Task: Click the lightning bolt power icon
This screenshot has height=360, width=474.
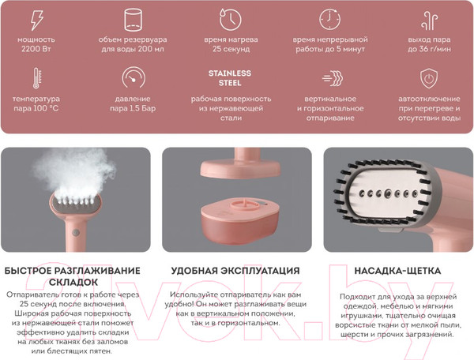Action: (37, 20)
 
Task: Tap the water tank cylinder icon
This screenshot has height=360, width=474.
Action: (133, 20)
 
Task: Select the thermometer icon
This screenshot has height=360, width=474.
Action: (36, 78)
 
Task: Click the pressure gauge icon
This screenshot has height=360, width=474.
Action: (134, 77)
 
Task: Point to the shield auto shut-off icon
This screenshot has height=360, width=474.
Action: (429, 78)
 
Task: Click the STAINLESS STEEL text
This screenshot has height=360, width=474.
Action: (230, 78)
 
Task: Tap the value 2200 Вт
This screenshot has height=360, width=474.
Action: (36, 49)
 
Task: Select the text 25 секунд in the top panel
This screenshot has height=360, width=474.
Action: (231, 49)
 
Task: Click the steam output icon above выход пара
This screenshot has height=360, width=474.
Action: (430, 21)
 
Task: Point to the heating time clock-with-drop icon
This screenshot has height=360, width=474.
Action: (231, 19)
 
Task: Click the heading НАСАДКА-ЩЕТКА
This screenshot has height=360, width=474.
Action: (397, 271)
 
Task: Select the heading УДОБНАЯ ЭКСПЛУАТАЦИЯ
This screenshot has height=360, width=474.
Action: (235, 271)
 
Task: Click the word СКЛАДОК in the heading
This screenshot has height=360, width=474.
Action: (73, 283)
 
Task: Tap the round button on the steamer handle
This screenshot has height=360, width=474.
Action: (76, 233)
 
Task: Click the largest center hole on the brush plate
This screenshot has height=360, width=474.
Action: (388, 193)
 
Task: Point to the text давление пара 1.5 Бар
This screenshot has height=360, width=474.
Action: (133, 103)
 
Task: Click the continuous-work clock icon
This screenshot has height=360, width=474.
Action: (329, 20)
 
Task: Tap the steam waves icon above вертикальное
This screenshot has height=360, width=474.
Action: (333, 78)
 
